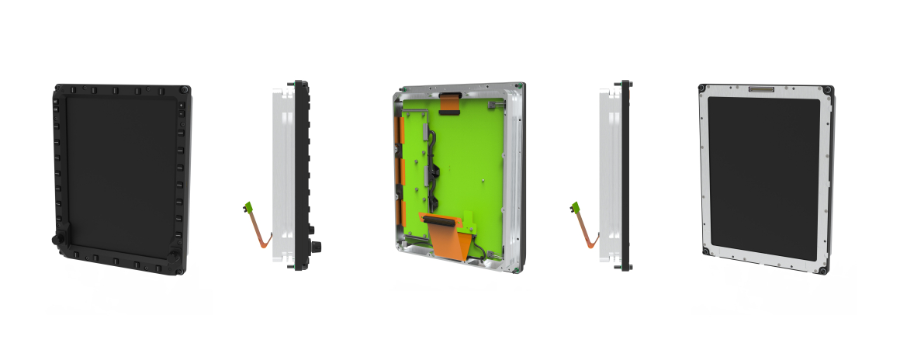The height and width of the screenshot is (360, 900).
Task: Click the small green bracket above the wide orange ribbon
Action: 471,220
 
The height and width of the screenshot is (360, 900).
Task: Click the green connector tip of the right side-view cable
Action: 576,206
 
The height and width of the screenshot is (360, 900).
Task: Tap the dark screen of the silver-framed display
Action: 763,177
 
